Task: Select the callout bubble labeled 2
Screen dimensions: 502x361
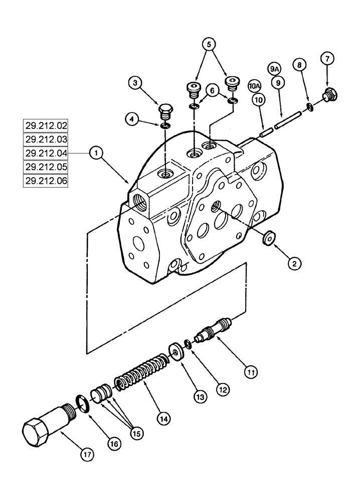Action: pyautogui.click(x=295, y=262)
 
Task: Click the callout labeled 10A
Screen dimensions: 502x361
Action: pyautogui.click(x=254, y=86)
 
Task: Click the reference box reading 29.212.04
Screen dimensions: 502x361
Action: pyautogui.click(x=46, y=153)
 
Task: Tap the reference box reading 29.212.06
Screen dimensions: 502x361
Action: pyautogui.click(x=46, y=180)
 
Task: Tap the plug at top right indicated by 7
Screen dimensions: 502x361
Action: pyautogui.click(x=330, y=94)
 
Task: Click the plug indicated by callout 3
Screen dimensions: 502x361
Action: pyautogui.click(x=165, y=110)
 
